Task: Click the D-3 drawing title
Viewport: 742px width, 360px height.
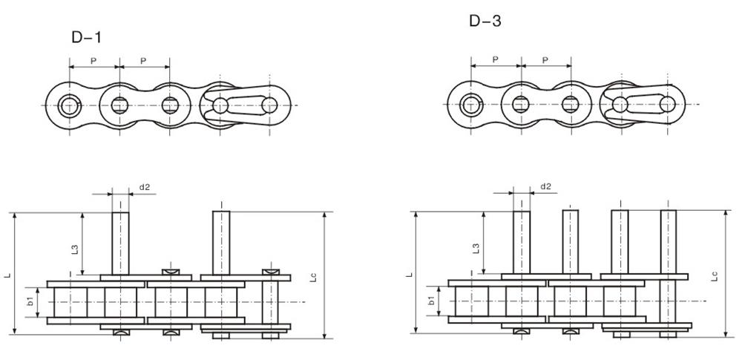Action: click(485, 21)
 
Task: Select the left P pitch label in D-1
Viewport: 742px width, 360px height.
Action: click(93, 61)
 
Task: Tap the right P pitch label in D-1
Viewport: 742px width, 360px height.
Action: click(144, 61)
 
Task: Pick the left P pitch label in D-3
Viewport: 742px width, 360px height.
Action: click(495, 59)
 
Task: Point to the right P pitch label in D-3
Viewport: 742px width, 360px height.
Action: click(545, 59)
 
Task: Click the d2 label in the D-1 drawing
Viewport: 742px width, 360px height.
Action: click(144, 187)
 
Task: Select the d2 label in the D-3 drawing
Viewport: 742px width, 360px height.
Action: click(545, 186)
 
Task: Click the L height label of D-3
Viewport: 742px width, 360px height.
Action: click(408, 274)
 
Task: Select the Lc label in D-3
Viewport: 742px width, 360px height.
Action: click(714, 275)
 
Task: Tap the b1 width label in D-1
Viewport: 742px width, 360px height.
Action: click(30, 301)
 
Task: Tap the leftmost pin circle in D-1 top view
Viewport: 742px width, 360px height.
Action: click(70, 105)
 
